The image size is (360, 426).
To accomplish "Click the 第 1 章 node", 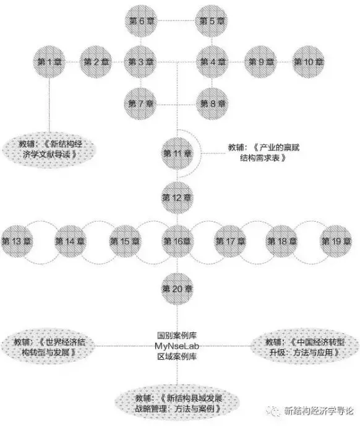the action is (49, 62).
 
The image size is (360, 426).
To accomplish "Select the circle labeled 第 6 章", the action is (141, 20).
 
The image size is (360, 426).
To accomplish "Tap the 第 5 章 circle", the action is (212, 20).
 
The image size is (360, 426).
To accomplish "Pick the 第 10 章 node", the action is (309, 62).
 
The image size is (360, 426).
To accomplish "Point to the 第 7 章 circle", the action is (140, 103).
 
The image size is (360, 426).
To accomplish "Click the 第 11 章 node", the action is (177, 154).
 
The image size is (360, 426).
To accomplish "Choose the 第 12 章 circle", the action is (177, 198).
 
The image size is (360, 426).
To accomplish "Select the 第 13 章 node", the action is (17, 241).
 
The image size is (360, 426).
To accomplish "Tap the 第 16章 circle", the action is (177, 241).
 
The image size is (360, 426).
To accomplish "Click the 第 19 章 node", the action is (336, 241).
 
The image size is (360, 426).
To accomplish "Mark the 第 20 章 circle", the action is (177, 289).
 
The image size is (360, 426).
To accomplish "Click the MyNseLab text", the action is (177, 346).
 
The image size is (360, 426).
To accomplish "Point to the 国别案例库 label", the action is (177, 336).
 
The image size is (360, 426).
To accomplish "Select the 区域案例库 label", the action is (177, 356).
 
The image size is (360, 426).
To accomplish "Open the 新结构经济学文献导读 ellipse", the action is (49, 149).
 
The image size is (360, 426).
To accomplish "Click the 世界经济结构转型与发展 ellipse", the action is (48, 347).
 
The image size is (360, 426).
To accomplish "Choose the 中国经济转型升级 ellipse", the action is (304, 347).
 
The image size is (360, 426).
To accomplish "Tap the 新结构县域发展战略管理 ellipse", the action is (178, 404).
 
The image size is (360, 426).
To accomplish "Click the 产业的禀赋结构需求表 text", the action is (264, 153).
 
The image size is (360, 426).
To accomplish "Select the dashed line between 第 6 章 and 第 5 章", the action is (176, 20).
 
